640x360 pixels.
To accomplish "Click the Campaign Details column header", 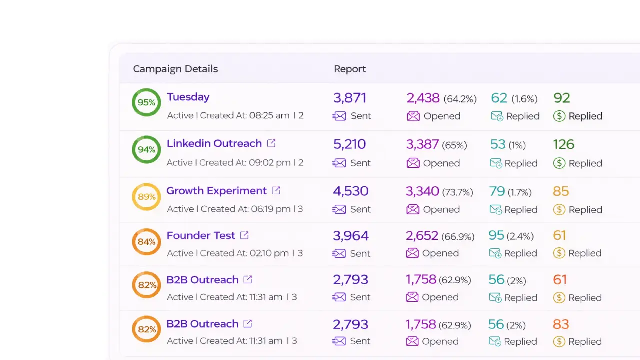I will pos(175,69).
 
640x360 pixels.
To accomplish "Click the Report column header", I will pos(350,69).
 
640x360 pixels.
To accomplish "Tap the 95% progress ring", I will pos(146,102).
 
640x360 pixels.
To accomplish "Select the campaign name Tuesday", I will pos(188,97).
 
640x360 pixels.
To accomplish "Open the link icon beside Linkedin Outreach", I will pos(271,143).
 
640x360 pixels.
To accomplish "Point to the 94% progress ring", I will pos(146,149).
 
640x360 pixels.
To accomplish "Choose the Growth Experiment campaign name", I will pos(216,191).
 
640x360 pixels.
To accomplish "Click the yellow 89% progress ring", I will pos(146,197).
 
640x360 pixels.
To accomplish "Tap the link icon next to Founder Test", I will pos(244,235).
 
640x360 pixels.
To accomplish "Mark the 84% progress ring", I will pos(146,242).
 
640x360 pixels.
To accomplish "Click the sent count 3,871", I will pos(350,98).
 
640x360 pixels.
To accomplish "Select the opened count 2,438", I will pos(423,98).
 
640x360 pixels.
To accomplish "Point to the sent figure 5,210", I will pos(349,144).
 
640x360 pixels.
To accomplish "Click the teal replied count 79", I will pos(497,191).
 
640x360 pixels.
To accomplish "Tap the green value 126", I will pos(563,144).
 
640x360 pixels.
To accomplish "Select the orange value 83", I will pos(561,324).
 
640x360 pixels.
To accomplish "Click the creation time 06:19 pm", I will pos(270,209).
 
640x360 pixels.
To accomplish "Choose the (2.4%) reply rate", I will pos(520,236).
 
